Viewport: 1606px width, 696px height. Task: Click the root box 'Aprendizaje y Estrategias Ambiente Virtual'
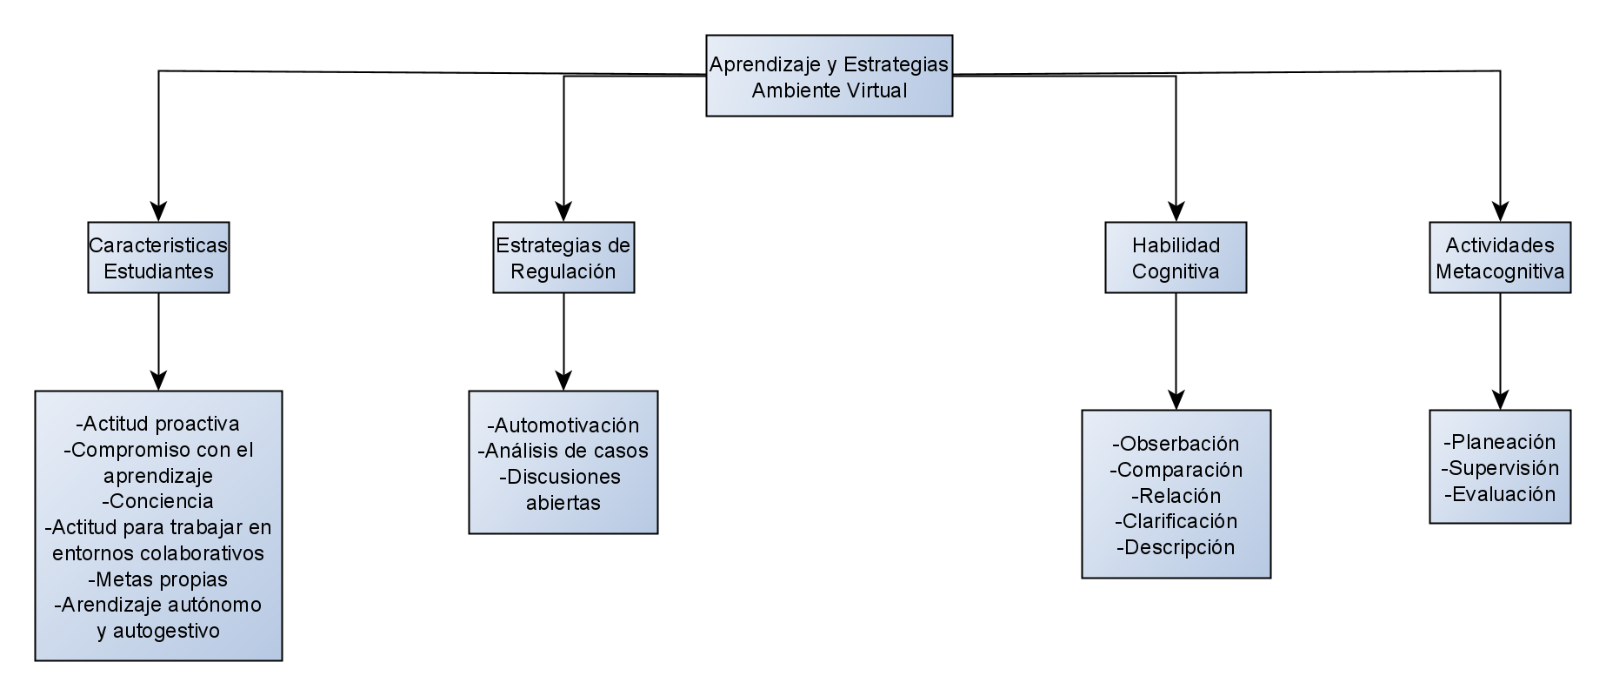(829, 76)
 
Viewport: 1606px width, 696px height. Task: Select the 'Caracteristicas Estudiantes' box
(158, 258)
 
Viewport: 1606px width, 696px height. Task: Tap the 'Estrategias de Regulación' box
(563, 258)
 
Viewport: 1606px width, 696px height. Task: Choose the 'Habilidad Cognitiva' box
(1176, 258)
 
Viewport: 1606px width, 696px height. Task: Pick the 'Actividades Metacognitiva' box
(1500, 258)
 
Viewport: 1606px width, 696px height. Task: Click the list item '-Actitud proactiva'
(158, 424)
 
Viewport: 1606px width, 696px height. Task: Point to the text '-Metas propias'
(158, 579)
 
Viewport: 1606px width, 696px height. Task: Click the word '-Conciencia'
(158, 501)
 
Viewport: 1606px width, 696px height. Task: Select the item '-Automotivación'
(563, 425)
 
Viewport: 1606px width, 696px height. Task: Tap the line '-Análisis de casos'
(563, 451)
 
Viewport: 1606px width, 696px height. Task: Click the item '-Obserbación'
(1176, 444)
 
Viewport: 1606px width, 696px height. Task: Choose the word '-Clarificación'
(1176, 521)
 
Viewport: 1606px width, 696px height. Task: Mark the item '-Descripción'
(1176, 547)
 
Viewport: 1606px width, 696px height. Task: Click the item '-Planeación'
(1500, 442)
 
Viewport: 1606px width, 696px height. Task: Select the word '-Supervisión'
(1500, 468)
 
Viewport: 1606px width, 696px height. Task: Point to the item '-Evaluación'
(1500, 494)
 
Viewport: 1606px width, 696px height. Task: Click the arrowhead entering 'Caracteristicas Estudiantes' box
(158, 211)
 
